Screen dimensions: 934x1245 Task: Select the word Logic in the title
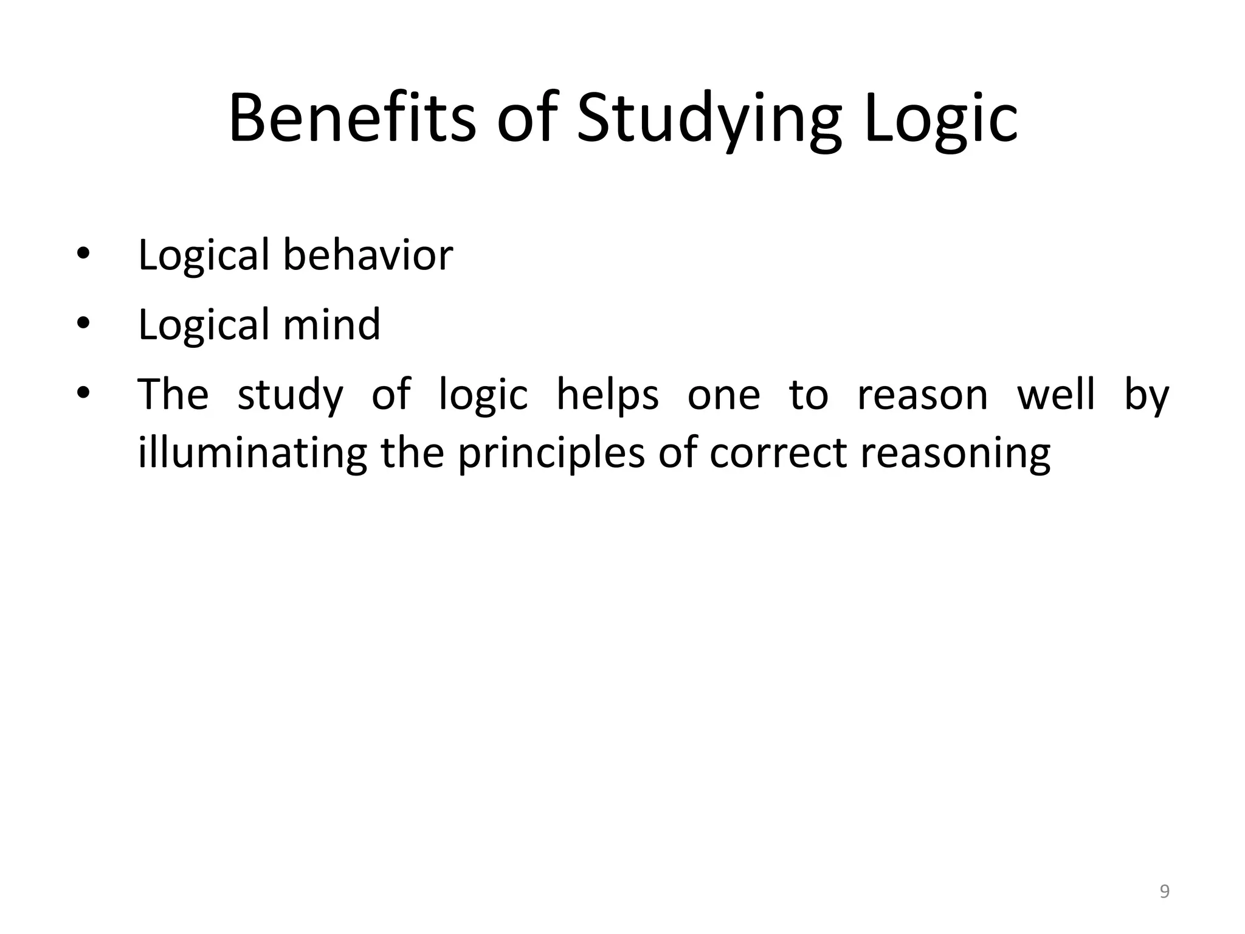(x=940, y=118)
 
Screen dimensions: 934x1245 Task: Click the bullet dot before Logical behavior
(x=83, y=254)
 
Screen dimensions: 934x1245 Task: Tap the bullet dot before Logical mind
(x=83, y=324)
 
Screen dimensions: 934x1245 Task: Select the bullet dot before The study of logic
(x=83, y=394)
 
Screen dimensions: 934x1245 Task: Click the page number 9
(x=1164, y=891)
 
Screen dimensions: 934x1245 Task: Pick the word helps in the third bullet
(x=607, y=395)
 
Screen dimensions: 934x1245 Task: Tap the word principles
(x=551, y=454)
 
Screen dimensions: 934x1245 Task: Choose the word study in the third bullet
(x=290, y=395)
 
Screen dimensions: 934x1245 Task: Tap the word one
(x=723, y=395)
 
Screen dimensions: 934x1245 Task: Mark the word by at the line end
(x=1147, y=395)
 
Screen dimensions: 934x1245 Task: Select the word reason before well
(x=922, y=395)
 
